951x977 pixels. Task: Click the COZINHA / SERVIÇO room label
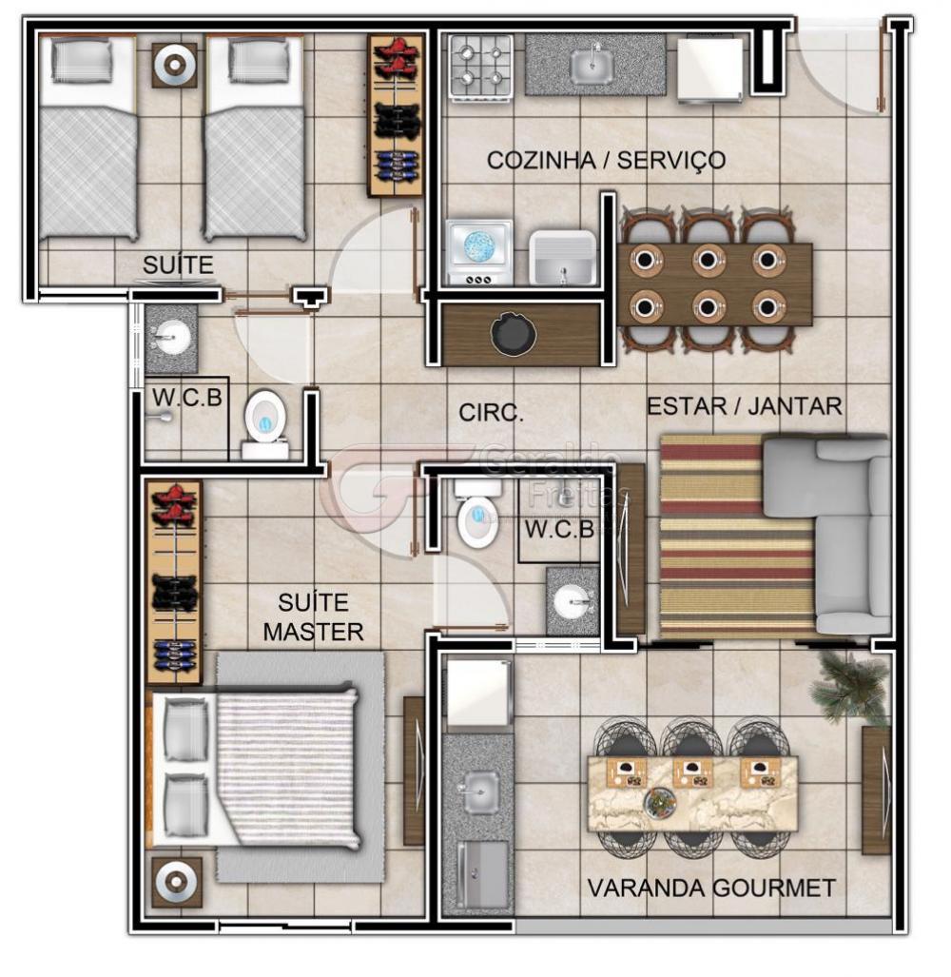(x=606, y=161)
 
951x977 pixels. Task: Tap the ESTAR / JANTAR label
(x=745, y=406)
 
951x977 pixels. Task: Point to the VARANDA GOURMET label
(x=711, y=888)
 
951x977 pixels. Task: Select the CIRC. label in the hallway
(x=491, y=413)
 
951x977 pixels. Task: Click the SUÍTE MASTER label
(x=313, y=616)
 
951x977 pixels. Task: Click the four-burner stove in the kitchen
(x=481, y=67)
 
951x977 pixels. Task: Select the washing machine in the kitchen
(x=479, y=252)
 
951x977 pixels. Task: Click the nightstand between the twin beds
(x=175, y=65)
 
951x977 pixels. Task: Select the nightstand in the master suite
(x=177, y=882)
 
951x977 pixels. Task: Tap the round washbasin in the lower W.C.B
(x=573, y=602)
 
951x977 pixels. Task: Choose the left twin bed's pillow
(x=83, y=61)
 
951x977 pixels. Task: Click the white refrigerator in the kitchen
(x=710, y=68)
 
